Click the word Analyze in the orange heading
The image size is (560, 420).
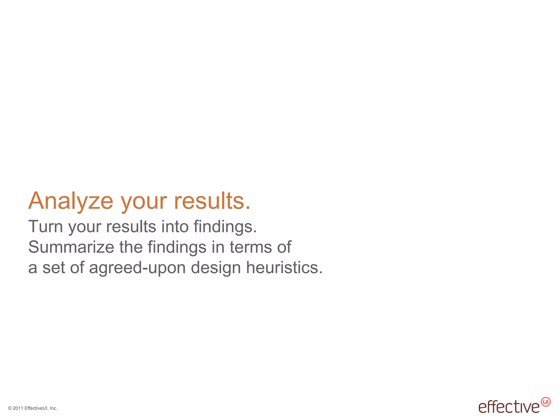(x=71, y=201)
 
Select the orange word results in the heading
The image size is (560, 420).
(x=212, y=201)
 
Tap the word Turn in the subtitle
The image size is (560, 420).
(x=45, y=227)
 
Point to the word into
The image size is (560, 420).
(x=175, y=227)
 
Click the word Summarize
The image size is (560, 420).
(x=71, y=247)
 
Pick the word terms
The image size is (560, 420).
(x=251, y=247)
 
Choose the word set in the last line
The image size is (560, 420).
(x=54, y=267)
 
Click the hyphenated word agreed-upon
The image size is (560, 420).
(x=138, y=268)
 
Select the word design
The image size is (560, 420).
(x=216, y=268)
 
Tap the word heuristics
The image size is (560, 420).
(x=284, y=267)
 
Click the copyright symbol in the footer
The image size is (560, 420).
(x=10, y=408)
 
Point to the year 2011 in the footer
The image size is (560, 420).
(x=18, y=408)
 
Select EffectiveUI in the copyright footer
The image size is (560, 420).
(x=37, y=408)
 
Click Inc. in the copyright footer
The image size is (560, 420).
(x=54, y=408)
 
